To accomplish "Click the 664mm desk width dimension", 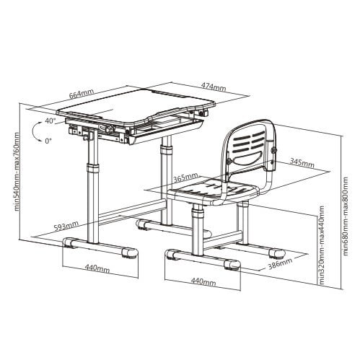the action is click(x=82, y=94).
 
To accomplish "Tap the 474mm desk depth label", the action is click(x=214, y=87).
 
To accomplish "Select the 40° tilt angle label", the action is click(x=51, y=121).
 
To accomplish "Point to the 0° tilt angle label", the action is click(x=48, y=141).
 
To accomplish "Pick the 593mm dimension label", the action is click(x=66, y=226).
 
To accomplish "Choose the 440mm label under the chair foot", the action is click(x=203, y=281).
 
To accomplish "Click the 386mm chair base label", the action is click(x=281, y=263).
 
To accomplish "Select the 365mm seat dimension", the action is click(x=186, y=177).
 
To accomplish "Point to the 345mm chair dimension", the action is click(x=302, y=163).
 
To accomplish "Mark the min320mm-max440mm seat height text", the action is click(x=321, y=245).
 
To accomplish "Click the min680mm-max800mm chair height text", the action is click(x=346, y=216).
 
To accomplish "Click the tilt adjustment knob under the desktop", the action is click(x=110, y=128).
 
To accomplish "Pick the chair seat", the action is click(x=213, y=190).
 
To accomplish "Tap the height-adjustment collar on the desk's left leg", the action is click(x=93, y=167).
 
